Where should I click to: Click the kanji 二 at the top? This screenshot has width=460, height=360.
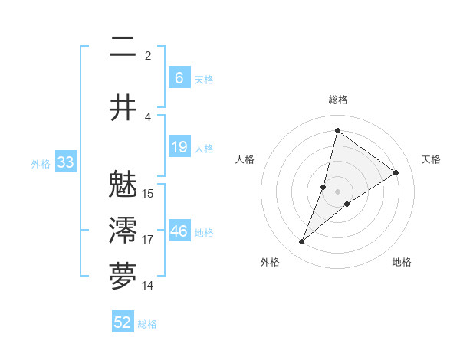pyautogui.click(x=123, y=47)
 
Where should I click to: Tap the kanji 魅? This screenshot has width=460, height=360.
pyautogui.click(x=123, y=184)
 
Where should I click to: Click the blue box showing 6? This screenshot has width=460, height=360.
pyautogui.click(x=179, y=78)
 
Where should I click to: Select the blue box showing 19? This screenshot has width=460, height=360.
pyautogui.click(x=179, y=148)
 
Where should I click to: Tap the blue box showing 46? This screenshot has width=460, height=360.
pyautogui.click(x=179, y=232)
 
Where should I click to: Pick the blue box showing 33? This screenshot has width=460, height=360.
pyautogui.click(x=65, y=162)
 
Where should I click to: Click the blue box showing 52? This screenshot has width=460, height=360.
pyautogui.click(x=123, y=322)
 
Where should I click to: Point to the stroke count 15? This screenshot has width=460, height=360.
pyautogui.click(x=148, y=193)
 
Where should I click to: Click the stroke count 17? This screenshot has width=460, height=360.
pyautogui.click(x=148, y=240)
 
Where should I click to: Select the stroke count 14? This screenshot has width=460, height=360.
pyautogui.click(x=148, y=286)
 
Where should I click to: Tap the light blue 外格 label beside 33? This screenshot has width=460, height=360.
pyautogui.click(x=41, y=163)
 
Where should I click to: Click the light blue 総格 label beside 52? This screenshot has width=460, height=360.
pyautogui.click(x=147, y=323)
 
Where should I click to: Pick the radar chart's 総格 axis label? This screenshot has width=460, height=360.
pyautogui.click(x=337, y=100)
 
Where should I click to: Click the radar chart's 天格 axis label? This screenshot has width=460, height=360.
pyautogui.click(x=431, y=159)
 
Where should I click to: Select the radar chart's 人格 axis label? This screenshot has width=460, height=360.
pyautogui.click(x=245, y=159)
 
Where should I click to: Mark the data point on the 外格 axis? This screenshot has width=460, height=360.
pyautogui.click(x=302, y=242)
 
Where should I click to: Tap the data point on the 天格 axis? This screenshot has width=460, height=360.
pyautogui.click(x=396, y=172)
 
